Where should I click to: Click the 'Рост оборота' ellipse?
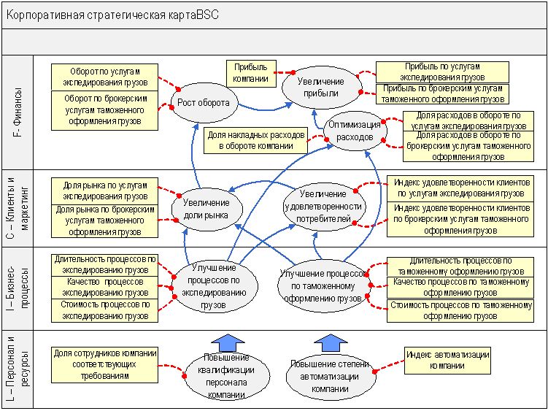[x=204, y=103]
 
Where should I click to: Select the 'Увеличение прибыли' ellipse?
[x=323, y=87]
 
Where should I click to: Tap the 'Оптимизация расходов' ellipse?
[x=355, y=131]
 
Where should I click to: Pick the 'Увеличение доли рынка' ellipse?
[x=207, y=209]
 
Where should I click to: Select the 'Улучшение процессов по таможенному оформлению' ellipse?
[x=321, y=284]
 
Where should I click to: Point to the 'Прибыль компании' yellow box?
[x=251, y=72]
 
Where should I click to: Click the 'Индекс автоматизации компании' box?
[x=448, y=358]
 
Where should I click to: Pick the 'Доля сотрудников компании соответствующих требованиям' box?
[x=105, y=364]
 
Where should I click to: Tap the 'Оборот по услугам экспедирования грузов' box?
[x=105, y=77]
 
